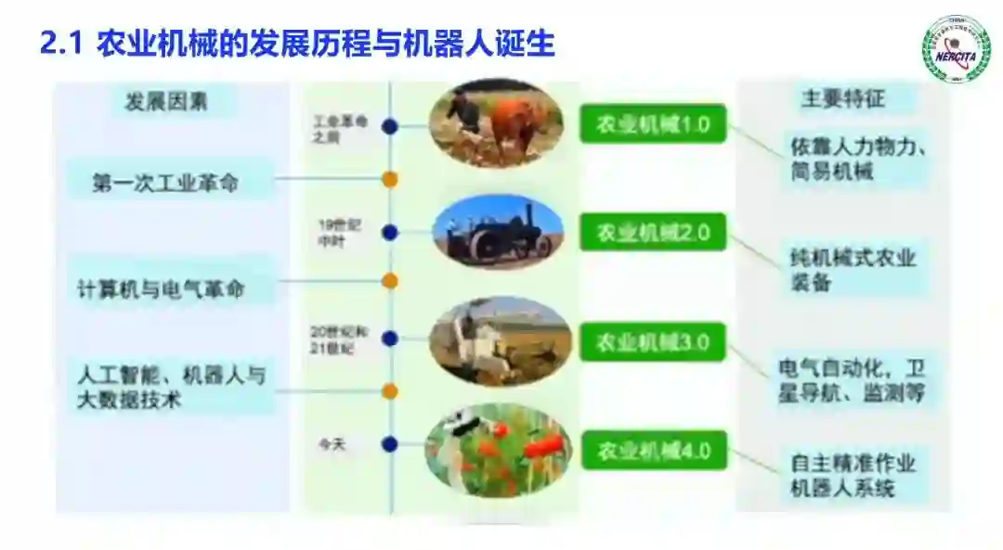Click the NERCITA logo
(x=956, y=47)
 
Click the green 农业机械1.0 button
(x=653, y=123)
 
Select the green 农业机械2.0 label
(x=653, y=231)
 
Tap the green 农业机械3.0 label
(x=653, y=342)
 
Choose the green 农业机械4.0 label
(x=654, y=451)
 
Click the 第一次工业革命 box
(x=165, y=183)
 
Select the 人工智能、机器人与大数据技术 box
(x=171, y=387)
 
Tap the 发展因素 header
(x=166, y=102)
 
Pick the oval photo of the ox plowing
(x=495, y=122)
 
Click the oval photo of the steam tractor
(x=498, y=232)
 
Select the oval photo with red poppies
(x=498, y=451)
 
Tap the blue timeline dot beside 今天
(x=390, y=445)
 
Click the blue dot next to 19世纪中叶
(x=390, y=233)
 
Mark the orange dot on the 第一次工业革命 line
(x=390, y=180)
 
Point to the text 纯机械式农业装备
(x=848, y=270)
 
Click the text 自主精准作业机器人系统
(x=853, y=475)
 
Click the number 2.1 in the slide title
(x=62, y=44)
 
